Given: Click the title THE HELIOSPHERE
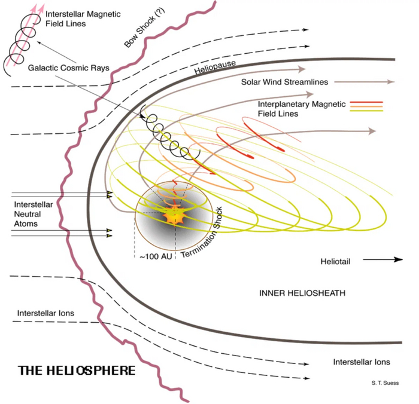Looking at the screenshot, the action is (77, 371).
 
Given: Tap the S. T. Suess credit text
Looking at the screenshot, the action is (385, 383).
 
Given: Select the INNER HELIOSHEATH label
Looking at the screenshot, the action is (302, 293).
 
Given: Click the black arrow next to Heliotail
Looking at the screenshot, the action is (382, 259).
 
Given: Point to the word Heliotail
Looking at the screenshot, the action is (335, 261).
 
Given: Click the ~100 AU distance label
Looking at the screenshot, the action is (156, 257).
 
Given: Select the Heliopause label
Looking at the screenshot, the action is (215, 68).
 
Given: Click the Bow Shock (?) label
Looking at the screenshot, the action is (144, 27).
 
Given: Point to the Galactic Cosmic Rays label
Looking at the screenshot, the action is (69, 68).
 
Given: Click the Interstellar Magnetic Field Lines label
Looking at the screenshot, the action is (83, 19).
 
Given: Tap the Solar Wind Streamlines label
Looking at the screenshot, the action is (284, 82).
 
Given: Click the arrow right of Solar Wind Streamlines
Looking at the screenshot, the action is (365, 82).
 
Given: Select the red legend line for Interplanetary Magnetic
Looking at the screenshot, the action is (366, 102).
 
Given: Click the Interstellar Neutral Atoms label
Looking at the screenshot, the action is (34, 214).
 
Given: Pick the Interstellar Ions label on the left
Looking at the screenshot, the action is (45, 313).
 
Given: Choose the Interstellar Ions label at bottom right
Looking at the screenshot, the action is (362, 362).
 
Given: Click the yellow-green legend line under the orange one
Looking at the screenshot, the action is (366, 111).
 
